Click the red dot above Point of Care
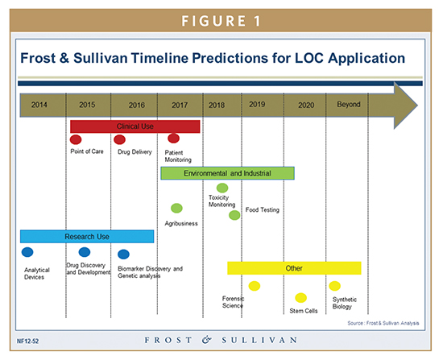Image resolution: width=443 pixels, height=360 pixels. point(77,140)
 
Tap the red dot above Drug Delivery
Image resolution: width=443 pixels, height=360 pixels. point(119,140)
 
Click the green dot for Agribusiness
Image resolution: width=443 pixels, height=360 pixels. point(176,208)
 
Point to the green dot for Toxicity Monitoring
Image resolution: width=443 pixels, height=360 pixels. point(223,188)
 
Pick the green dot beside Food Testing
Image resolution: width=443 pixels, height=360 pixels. point(234,215)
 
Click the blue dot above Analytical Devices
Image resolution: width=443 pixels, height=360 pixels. point(28,252)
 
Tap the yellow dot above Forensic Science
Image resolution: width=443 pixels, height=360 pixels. point(255,286)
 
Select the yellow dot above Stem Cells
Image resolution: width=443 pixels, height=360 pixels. point(300,297)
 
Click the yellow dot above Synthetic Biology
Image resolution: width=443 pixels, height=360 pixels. point(335,286)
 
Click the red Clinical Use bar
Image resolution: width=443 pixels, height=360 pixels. point(135,126)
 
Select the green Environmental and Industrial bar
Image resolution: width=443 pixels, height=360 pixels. point(227,173)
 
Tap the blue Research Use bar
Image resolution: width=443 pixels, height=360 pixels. point(86,236)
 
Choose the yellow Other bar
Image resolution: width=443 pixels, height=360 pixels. point(294,267)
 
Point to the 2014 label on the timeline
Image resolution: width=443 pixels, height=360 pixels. point(39,105)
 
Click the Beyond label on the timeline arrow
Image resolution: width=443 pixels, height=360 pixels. point(349,105)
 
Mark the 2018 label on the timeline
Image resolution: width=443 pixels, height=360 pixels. point(217,105)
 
